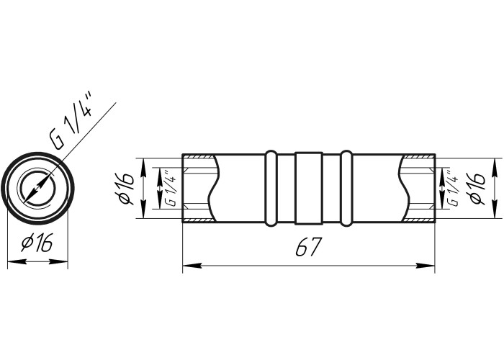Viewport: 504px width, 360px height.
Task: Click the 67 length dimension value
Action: point(308,247)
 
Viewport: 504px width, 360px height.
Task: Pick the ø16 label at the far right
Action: point(477,189)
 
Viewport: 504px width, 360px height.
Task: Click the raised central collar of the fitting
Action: point(309,188)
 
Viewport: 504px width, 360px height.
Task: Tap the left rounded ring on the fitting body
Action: point(271,188)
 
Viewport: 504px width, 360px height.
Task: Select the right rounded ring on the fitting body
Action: point(346,188)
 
